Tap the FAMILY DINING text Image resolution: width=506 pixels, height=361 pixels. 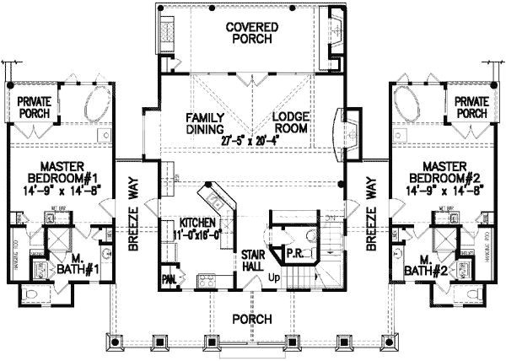[205, 123]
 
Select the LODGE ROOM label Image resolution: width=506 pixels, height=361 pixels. [292, 123]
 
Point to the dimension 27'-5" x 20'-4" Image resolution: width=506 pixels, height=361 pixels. [249, 142]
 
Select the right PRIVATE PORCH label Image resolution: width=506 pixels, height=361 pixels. [471, 106]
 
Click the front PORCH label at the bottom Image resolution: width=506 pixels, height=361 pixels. [252, 320]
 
